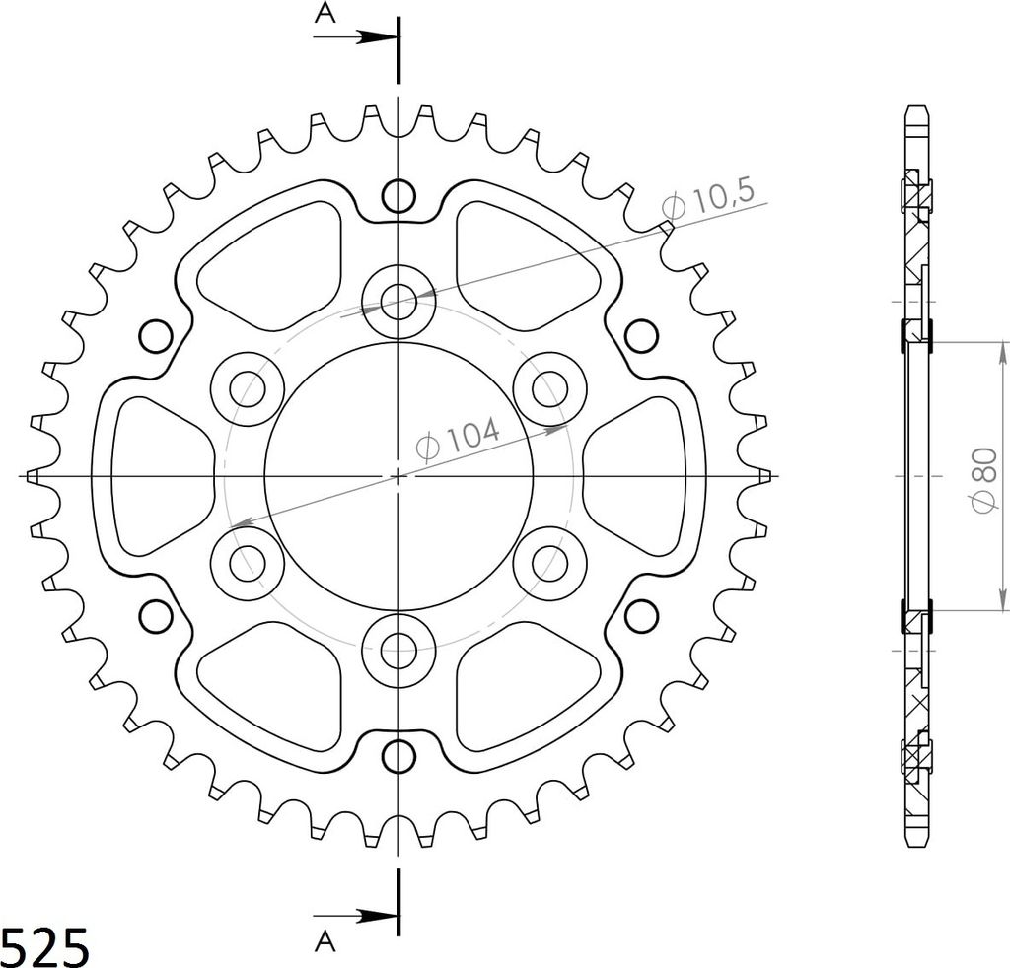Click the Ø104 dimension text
459,440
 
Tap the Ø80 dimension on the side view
983,476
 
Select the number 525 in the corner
45,945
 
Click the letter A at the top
323,12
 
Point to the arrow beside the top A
371,37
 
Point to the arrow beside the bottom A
371,916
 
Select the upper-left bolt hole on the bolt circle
247,388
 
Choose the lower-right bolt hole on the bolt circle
550,563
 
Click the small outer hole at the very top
398,196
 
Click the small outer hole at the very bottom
398,756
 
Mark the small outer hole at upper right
641,336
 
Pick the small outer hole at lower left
156,616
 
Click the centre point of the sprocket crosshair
398,476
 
